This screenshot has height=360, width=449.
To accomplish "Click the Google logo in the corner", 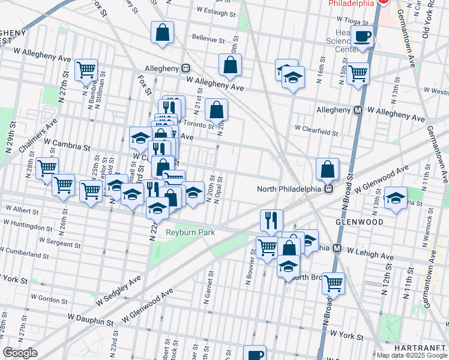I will [20, 353].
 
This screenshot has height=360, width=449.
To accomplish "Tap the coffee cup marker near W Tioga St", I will [363, 37].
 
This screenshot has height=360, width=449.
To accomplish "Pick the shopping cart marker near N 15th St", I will [358, 73].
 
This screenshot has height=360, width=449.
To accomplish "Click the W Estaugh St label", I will [212, 10].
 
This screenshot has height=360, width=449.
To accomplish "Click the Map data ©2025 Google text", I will [412, 355].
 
